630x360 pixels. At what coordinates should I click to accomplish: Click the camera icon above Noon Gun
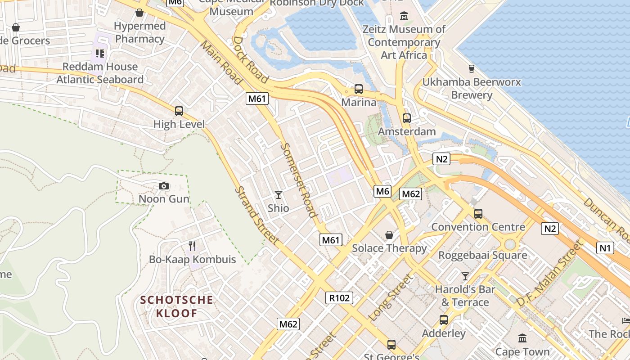pyautogui.click(x=164, y=186)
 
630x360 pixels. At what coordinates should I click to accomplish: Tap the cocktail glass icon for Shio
pyautogui.click(x=279, y=195)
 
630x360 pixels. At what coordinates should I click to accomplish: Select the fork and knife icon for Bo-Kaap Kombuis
pyautogui.click(x=192, y=246)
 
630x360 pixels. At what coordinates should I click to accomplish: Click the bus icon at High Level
pyautogui.click(x=179, y=111)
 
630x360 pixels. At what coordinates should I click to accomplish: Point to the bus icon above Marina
pyautogui.click(x=359, y=89)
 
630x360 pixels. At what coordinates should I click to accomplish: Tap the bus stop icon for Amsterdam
pyautogui.click(x=407, y=118)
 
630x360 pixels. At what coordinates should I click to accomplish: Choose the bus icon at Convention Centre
pyautogui.click(x=478, y=214)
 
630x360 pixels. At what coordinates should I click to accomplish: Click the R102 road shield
pyautogui.click(x=339, y=298)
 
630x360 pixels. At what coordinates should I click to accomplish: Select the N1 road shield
pyautogui.click(x=606, y=247)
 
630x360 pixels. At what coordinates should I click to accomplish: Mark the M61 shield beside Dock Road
pyautogui.click(x=257, y=99)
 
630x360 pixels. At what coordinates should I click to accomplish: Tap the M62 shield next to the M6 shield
pyautogui.click(x=410, y=194)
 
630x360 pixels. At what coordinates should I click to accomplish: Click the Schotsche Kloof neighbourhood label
pyautogui.click(x=176, y=306)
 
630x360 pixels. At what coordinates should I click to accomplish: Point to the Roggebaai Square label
pyautogui.click(x=482, y=255)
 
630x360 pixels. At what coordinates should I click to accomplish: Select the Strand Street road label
pyautogui.click(x=256, y=215)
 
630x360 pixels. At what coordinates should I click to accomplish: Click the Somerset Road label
pyautogui.click(x=299, y=180)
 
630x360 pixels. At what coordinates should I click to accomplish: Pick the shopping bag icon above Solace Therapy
pyautogui.click(x=389, y=235)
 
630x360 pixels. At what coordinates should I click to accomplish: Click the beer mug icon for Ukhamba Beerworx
pyautogui.click(x=472, y=69)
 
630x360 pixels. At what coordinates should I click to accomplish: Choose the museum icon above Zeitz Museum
pyautogui.click(x=404, y=17)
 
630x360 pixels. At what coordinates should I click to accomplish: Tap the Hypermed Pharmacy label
pyautogui.click(x=139, y=32)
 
